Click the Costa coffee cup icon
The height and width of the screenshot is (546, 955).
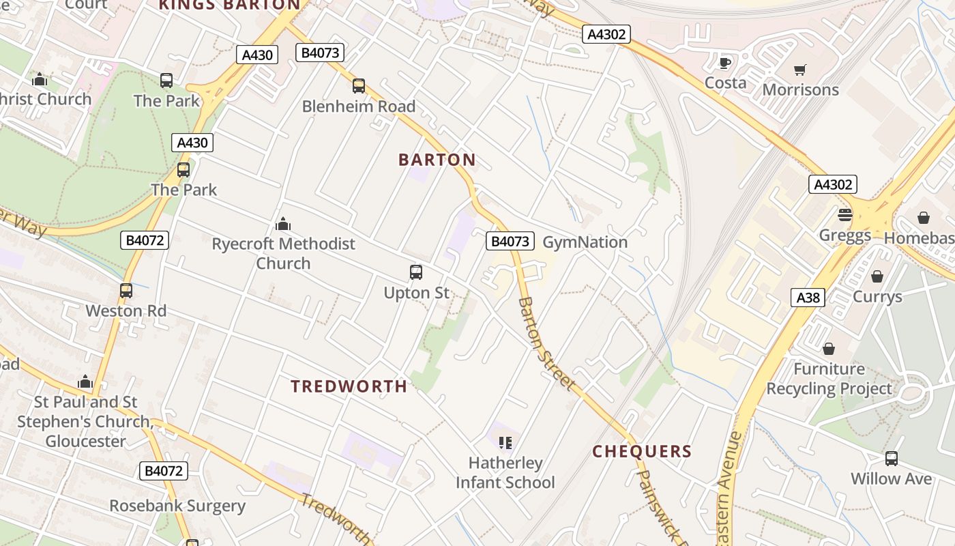[725, 63]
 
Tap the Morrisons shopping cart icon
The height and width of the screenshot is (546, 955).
[800, 70]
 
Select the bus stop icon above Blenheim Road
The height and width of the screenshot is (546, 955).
[359, 86]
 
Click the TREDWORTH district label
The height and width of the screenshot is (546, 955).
[349, 386]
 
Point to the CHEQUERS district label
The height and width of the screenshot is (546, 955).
[642, 451]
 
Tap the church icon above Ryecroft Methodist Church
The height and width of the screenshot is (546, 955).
[283, 224]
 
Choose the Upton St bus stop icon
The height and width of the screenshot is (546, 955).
[416, 272]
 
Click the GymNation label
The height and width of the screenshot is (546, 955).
[585, 242]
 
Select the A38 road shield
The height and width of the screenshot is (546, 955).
[808, 298]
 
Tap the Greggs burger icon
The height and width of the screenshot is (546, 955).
[845, 216]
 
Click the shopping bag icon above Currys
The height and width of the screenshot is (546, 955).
[877, 276]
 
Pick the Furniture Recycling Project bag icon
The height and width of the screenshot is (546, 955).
[829, 349]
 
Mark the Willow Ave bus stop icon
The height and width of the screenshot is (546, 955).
[891, 459]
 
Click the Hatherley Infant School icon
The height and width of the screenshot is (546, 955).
[505, 443]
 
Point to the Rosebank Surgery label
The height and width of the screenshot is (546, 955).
[177, 506]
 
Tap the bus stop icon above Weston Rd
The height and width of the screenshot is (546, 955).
[126, 291]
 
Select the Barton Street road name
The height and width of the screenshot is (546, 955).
[545, 343]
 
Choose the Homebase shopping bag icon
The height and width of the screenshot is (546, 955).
[923, 218]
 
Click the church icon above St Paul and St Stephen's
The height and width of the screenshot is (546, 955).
[85, 382]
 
